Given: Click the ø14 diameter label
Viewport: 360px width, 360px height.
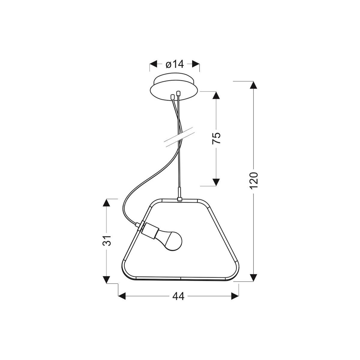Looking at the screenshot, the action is (x=175, y=64).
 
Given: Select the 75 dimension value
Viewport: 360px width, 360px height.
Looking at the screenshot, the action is (x=216, y=138).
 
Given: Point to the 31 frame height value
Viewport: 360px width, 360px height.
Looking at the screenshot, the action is (x=107, y=240).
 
